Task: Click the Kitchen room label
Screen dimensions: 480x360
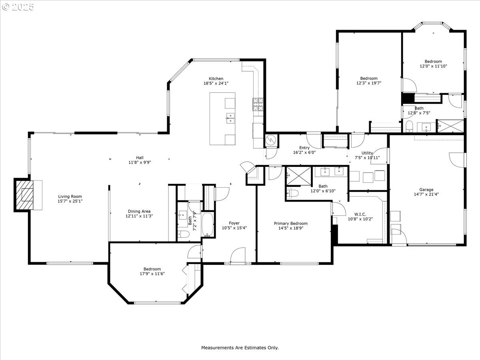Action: [216, 78]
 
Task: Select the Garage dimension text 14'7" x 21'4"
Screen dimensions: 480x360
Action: [426, 194]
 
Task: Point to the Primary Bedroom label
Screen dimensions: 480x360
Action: [291, 223]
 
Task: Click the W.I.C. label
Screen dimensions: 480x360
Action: [360, 214]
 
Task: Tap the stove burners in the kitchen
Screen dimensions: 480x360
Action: [258, 104]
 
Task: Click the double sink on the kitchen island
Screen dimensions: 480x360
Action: [230, 118]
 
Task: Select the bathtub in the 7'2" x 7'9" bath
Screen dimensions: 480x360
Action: [208, 224]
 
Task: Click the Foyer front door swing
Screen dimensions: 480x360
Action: [238, 255]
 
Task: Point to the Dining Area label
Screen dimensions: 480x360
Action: [139, 211]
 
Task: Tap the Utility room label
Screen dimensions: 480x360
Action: [367, 153]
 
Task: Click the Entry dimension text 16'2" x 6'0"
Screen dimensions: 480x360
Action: [304, 152]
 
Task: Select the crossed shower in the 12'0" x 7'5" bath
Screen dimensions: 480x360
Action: [450, 126]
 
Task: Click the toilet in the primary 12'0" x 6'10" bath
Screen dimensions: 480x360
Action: [292, 193]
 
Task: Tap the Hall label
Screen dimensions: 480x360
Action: [140, 158]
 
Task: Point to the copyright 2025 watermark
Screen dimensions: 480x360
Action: [18, 7]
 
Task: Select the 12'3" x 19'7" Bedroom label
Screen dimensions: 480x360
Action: [369, 78]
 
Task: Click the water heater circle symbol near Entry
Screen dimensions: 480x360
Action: [271, 140]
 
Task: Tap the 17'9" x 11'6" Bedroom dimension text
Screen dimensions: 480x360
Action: [152, 274]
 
